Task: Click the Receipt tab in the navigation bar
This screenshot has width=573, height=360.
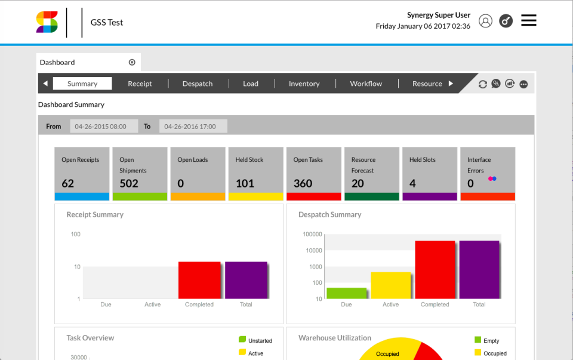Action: [x=140, y=84]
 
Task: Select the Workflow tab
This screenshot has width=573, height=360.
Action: [x=366, y=84]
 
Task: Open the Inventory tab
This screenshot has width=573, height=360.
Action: [x=304, y=84]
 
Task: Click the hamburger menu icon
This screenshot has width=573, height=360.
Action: [x=528, y=21]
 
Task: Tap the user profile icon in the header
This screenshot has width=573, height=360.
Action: [x=486, y=21]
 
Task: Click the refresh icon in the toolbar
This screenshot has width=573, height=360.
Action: [x=483, y=84]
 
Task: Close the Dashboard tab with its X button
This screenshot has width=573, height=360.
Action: [x=132, y=62]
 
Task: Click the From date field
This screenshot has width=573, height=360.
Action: [x=104, y=127]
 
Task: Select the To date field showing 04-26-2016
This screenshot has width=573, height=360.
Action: [x=193, y=127]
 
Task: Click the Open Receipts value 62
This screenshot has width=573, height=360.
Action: [x=68, y=183]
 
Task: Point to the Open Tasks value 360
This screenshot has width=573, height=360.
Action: [x=303, y=183]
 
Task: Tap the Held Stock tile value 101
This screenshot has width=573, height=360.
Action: [x=245, y=183]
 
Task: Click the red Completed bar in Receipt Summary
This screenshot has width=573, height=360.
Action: [x=199, y=280]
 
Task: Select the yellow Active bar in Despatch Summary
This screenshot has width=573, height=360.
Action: [x=391, y=285]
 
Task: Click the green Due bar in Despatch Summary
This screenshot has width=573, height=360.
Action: [x=346, y=293]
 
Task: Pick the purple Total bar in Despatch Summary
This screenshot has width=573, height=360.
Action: [x=479, y=269]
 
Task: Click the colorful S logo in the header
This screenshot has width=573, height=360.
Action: [x=47, y=22]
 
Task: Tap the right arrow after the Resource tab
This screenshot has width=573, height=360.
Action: [x=451, y=84]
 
